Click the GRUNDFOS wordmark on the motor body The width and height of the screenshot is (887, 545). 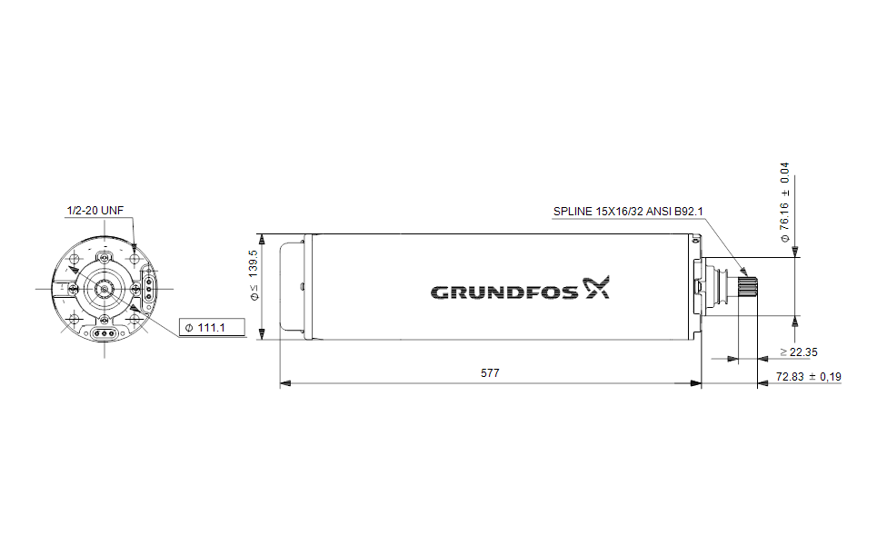click(x=504, y=292)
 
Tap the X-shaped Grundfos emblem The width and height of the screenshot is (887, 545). click(x=596, y=287)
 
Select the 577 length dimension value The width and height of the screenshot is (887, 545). click(x=490, y=373)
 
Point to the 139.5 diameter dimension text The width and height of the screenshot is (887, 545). click(x=254, y=274)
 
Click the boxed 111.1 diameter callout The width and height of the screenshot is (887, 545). click(x=212, y=327)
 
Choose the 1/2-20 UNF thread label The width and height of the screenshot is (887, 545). click(x=95, y=211)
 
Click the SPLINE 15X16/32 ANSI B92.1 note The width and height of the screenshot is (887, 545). click(x=628, y=212)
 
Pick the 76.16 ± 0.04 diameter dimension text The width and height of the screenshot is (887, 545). click(x=784, y=203)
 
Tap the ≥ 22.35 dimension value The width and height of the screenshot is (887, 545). click(x=799, y=352)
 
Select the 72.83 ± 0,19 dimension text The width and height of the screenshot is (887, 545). click(x=808, y=377)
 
